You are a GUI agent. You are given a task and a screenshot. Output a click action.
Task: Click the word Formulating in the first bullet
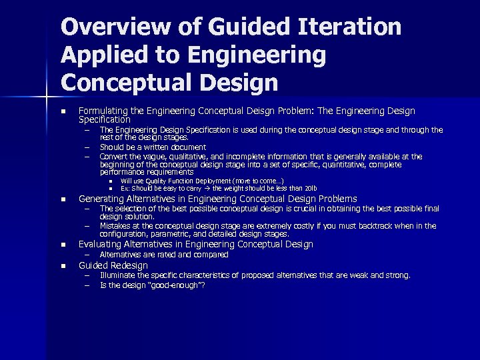click(102, 111)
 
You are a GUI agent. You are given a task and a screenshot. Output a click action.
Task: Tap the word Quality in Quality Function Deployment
click(149, 181)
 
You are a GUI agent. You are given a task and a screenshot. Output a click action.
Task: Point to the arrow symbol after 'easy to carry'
click(207, 188)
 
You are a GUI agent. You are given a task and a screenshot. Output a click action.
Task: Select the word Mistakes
click(116, 226)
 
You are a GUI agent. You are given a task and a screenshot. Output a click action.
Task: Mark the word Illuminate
click(118, 275)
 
